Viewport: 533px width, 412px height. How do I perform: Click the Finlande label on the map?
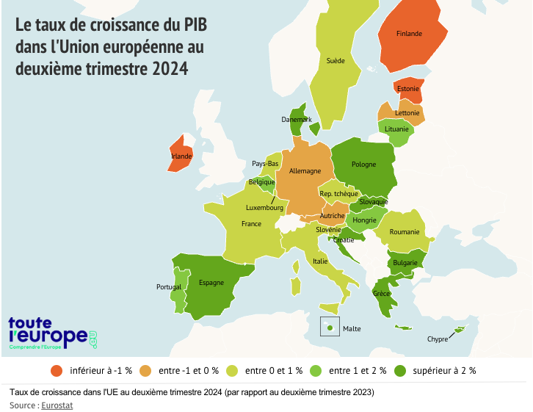409,34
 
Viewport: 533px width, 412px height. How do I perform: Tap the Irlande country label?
181,156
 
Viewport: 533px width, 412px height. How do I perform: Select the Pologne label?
363,165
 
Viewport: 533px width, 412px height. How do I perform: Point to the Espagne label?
211,283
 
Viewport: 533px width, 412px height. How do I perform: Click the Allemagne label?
305,171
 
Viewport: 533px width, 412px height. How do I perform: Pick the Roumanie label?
405,232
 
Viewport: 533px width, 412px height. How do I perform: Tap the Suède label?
336,61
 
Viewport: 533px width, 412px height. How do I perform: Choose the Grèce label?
382,294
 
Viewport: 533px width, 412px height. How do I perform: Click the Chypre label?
438,339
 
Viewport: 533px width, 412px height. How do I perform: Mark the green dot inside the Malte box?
330,328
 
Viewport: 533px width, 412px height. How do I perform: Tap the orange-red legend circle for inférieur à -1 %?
56,370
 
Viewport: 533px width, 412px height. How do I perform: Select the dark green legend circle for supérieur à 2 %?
400,370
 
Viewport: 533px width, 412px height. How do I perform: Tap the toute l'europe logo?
51,333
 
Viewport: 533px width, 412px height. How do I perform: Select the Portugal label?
169,286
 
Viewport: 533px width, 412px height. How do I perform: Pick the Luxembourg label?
264,208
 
